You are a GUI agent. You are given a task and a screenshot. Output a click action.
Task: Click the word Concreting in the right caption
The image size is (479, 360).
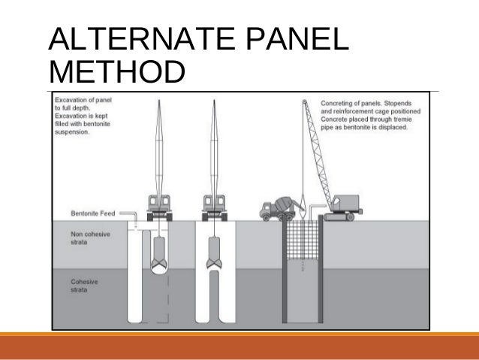click(340, 102)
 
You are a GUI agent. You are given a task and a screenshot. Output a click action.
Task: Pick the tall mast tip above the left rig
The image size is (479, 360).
click(160, 105)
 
